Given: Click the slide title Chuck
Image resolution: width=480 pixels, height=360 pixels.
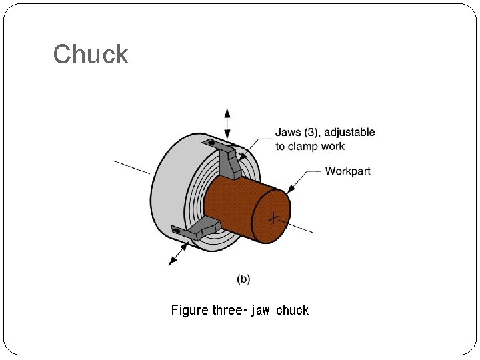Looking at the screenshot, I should (91, 54).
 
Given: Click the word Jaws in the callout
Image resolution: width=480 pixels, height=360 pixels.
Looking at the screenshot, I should (289, 133).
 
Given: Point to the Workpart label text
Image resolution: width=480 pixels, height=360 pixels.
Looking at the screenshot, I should (347, 171).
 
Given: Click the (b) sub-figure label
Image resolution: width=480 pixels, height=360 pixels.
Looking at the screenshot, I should (244, 279).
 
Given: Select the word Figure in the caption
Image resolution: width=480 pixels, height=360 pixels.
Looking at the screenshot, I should (190, 311).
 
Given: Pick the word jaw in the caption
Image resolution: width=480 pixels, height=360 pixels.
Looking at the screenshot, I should (260, 311).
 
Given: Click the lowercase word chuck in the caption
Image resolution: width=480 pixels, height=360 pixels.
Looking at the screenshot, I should (292, 311).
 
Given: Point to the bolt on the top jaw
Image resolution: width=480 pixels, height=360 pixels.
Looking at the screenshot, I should (212, 143).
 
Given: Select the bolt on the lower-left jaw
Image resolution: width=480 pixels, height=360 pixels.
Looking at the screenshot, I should (177, 230).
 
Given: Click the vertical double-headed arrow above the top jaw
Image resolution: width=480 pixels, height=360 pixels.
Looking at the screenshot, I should (228, 123).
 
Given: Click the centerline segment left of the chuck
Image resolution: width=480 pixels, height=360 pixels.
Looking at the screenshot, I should (132, 167).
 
